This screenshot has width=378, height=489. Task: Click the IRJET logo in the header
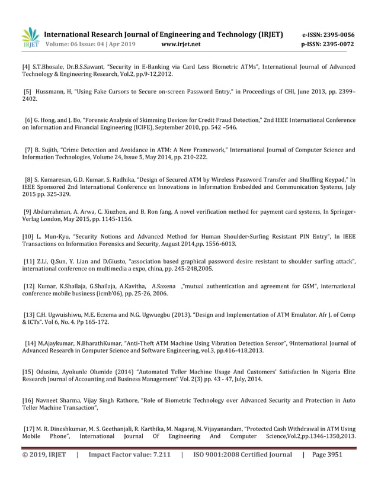coord(30,37)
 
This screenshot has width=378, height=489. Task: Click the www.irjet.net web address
coord(181,44)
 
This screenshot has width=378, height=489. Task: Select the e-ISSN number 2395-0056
coord(339,34)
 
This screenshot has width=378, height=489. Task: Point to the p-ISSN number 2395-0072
coord(339,44)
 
